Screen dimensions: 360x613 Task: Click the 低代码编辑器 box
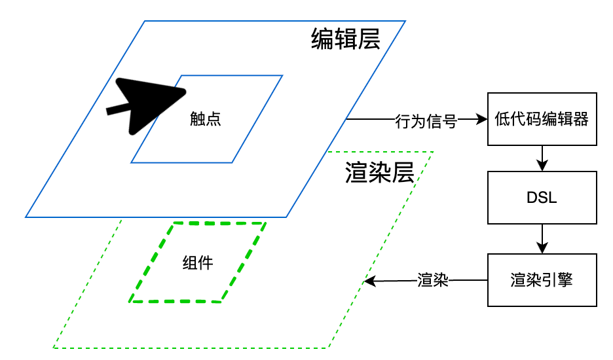coord(542,119)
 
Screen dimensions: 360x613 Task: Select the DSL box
coord(542,198)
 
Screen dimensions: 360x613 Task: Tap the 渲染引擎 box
coord(542,280)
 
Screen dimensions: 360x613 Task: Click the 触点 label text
coord(205,119)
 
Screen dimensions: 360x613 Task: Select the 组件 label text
coord(197,263)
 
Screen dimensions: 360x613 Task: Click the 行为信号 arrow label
coord(426,120)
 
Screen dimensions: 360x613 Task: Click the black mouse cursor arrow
coord(147,105)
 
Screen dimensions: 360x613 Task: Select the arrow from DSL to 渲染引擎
coord(542,240)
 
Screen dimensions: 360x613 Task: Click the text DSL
coord(542,198)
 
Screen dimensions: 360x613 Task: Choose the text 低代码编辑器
coord(542,119)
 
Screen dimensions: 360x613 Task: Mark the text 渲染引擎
coord(542,280)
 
